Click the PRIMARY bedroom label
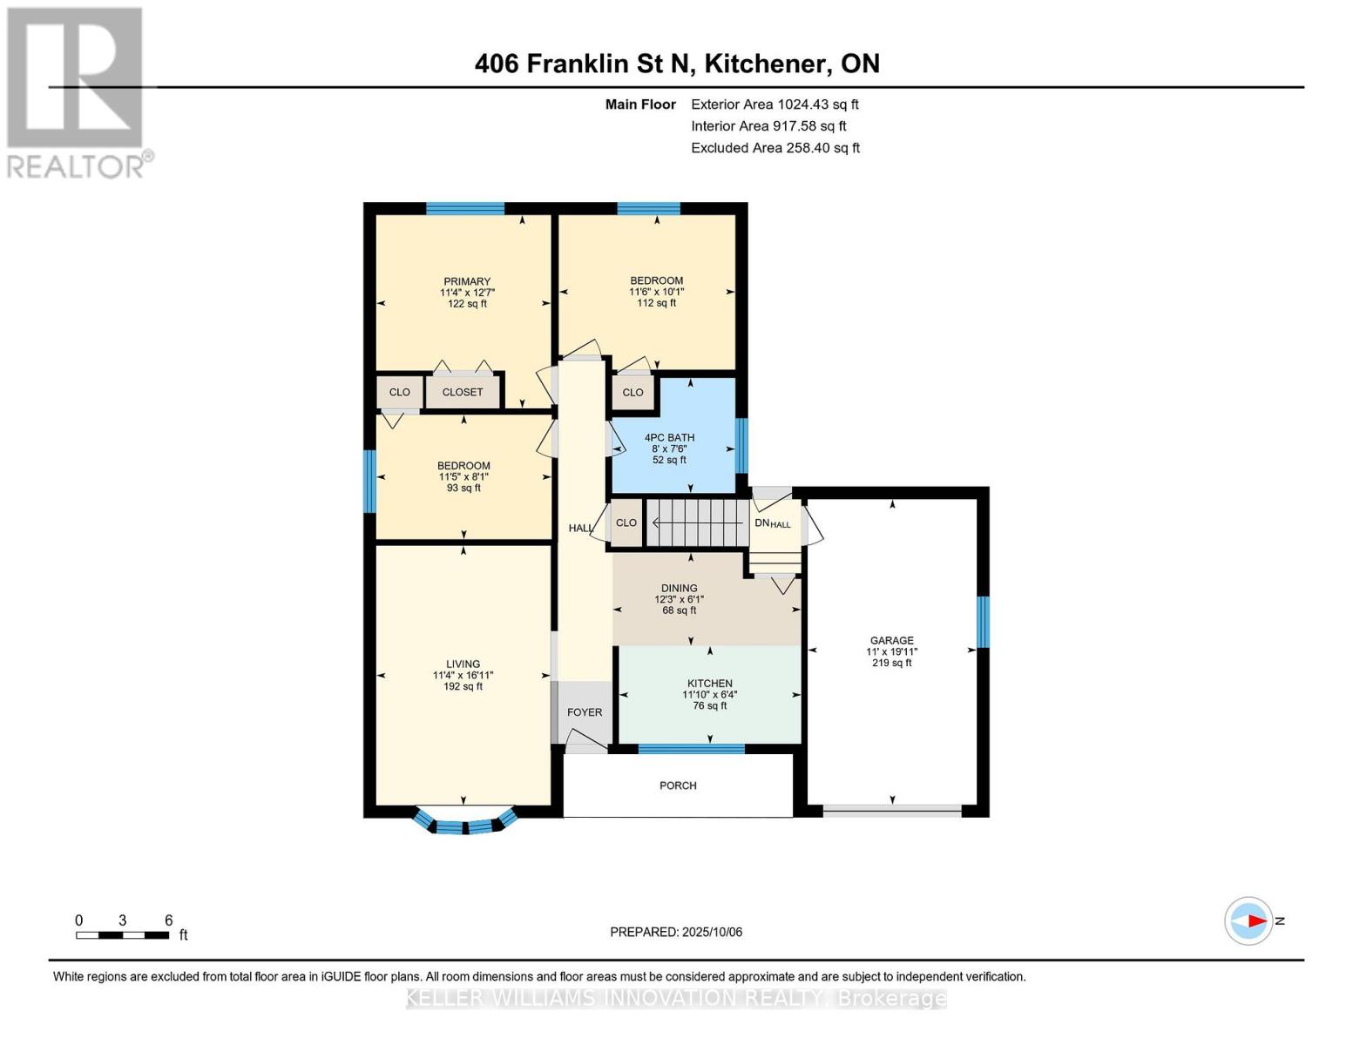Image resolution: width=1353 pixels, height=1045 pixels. (x=467, y=281)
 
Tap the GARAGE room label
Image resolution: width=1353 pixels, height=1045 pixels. (x=891, y=640)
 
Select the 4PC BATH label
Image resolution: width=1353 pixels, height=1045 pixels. (x=669, y=437)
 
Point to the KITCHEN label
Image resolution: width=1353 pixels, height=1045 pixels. (x=709, y=684)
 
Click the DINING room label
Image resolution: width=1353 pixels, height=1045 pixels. (x=679, y=588)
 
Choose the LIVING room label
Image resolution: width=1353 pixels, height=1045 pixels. (x=463, y=664)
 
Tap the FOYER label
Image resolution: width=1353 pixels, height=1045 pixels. (x=585, y=712)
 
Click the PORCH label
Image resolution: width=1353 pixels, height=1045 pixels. (x=678, y=785)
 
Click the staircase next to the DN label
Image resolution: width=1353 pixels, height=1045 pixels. (x=697, y=522)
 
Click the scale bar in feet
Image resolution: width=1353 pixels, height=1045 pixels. (x=122, y=935)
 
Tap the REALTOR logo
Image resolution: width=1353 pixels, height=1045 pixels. (x=77, y=91)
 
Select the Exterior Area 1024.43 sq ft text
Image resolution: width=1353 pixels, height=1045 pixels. (x=775, y=104)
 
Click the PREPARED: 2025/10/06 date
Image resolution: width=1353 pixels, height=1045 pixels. (x=676, y=932)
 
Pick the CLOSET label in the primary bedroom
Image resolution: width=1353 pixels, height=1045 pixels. (x=463, y=392)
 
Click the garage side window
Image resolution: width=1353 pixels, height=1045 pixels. (x=983, y=622)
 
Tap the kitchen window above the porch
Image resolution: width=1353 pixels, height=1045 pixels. (x=691, y=749)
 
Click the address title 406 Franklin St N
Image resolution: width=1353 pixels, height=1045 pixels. (x=677, y=64)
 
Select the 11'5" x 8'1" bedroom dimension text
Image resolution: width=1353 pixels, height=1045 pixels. (x=463, y=477)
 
